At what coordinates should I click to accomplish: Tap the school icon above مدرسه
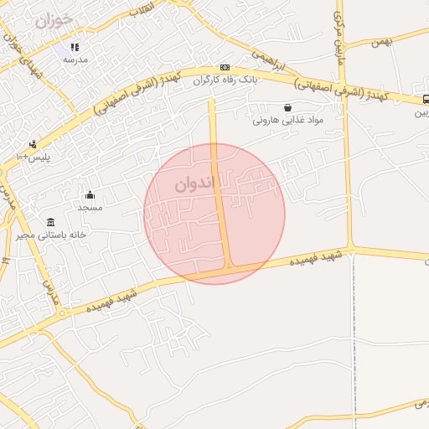75,48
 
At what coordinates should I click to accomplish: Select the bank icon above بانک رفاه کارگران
224,67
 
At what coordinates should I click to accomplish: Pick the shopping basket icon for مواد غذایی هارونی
288,107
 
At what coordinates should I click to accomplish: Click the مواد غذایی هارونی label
287,121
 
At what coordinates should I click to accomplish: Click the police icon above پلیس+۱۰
33,144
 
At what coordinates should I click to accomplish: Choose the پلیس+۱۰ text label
34,157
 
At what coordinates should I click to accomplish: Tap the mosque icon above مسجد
90,195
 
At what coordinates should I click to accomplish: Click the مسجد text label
90,207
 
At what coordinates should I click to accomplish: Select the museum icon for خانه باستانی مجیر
51,222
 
